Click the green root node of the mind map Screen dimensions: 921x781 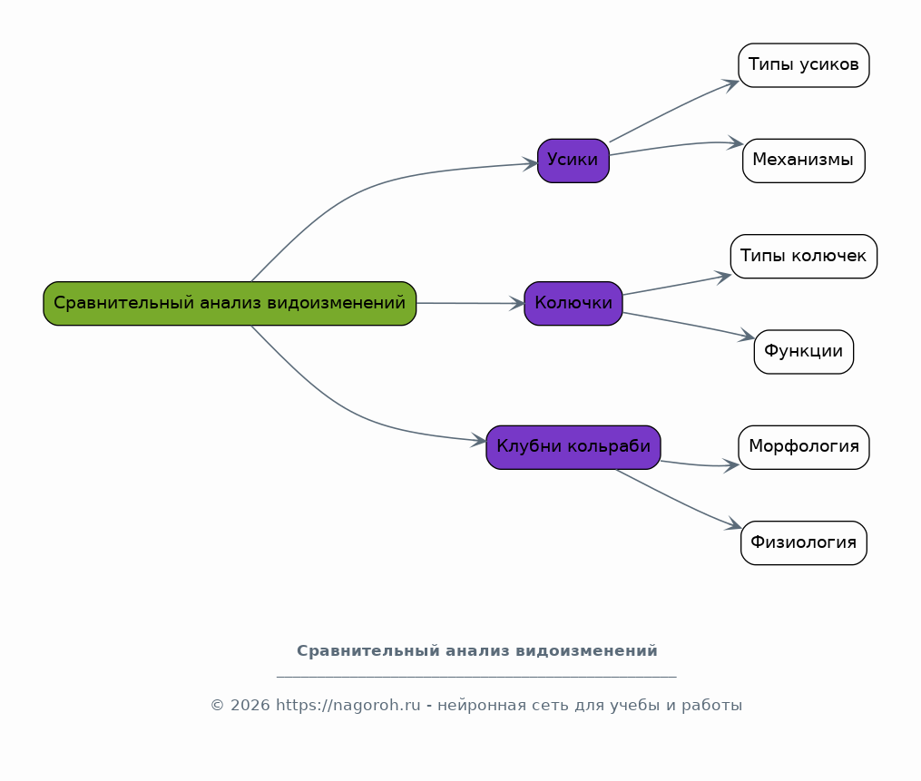tap(230, 304)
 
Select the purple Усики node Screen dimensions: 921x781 tap(573, 161)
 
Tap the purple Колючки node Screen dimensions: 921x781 tap(573, 304)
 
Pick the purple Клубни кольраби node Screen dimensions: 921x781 tap(573, 447)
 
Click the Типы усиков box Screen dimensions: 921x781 tap(804, 65)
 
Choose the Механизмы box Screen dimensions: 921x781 tap(804, 161)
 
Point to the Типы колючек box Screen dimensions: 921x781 tap(804, 257)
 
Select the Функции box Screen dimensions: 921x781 tap(804, 352)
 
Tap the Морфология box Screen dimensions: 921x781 tap(804, 447)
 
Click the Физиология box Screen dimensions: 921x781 tap(804, 543)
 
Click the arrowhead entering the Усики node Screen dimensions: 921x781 tap(531, 164)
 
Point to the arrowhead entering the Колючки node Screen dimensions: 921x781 tap(517, 304)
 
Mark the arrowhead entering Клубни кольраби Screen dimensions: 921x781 tap(479, 441)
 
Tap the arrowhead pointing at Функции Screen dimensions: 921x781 tap(747, 336)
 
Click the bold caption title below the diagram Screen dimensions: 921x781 tap(477, 651)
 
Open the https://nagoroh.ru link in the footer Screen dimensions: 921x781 tap(348, 705)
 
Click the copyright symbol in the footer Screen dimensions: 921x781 tap(218, 705)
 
